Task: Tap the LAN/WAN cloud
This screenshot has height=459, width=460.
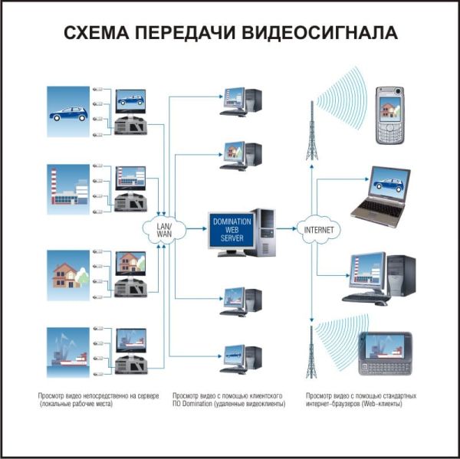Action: (163, 228)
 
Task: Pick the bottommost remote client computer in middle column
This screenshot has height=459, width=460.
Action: (240, 359)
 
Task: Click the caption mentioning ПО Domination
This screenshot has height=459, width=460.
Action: (228, 399)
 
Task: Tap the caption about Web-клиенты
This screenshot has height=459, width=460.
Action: (360, 399)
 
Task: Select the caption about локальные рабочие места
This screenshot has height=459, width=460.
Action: (98, 399)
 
